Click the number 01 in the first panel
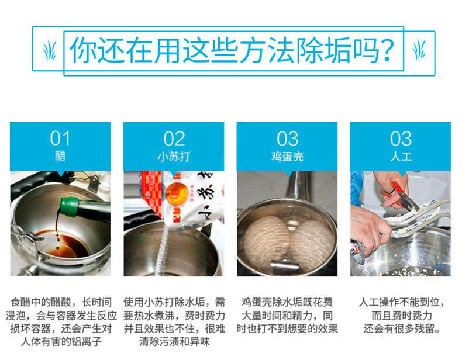60,139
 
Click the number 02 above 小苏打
174,139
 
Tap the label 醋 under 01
60,156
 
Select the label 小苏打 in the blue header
174,156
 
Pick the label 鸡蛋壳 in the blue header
287,156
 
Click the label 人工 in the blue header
401,156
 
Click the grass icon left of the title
50,51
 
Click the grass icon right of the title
419,50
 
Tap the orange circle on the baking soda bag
177,192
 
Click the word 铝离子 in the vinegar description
87,341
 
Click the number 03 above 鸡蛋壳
287,139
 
